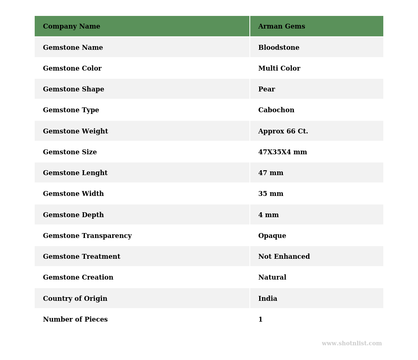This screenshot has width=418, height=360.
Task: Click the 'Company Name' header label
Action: pos(71,27)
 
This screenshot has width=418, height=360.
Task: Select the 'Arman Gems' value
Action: pos(281,27)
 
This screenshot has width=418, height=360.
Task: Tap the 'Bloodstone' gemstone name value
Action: pos(278,48)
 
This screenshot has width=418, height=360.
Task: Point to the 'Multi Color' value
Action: pos(279,69)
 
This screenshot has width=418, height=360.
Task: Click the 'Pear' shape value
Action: pos(267,89)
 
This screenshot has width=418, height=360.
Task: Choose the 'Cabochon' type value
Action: pos(276,110)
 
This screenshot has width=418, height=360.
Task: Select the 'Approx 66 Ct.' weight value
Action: pos(283,131)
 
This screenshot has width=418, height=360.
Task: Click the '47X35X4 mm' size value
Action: pos(282,152)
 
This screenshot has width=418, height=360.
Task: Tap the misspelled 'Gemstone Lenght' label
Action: pos(75,173)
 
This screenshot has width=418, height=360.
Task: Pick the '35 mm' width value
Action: pos(271,194)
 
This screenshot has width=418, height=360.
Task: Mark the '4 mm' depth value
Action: pos(268,215)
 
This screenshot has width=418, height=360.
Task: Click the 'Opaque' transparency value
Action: pos(272,236)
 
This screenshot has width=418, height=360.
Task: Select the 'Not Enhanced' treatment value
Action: pos(284,257)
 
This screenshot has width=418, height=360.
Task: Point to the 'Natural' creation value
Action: pos(272,278)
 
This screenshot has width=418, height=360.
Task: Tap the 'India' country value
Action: pos(267,299)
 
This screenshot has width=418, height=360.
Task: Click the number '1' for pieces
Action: pos(260,320)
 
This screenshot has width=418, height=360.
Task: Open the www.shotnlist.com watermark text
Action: pos(351,344)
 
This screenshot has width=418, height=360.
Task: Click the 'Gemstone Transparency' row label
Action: pos(87,236)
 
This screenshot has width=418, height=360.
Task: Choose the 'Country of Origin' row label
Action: pos(75,299)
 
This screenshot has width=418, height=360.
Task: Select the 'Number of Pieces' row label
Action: pos(75,320)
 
